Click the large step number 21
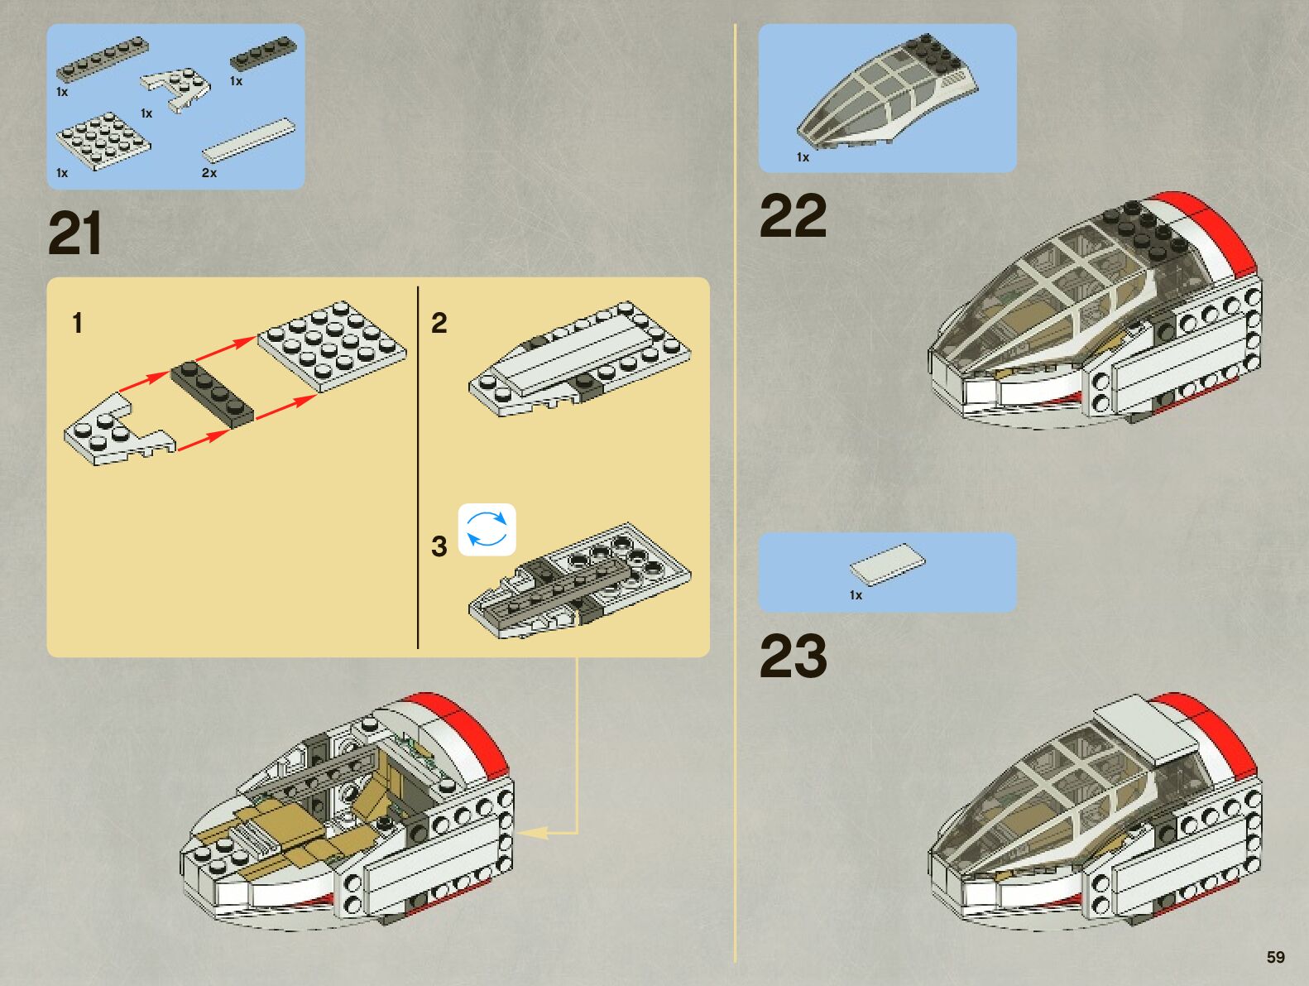click(75, 234)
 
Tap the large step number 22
click(793, 216)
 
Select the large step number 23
click(793, 657)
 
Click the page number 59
click(1275, 957)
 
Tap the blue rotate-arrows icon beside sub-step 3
click(487, 530)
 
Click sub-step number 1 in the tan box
click(78, 323)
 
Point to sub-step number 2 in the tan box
click(439, 323)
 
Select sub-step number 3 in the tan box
click(439, 546)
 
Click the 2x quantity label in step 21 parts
click(209, 173)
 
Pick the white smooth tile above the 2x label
click(248, 140)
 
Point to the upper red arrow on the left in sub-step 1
click(144, 382)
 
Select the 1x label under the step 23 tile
click(856, 595)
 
